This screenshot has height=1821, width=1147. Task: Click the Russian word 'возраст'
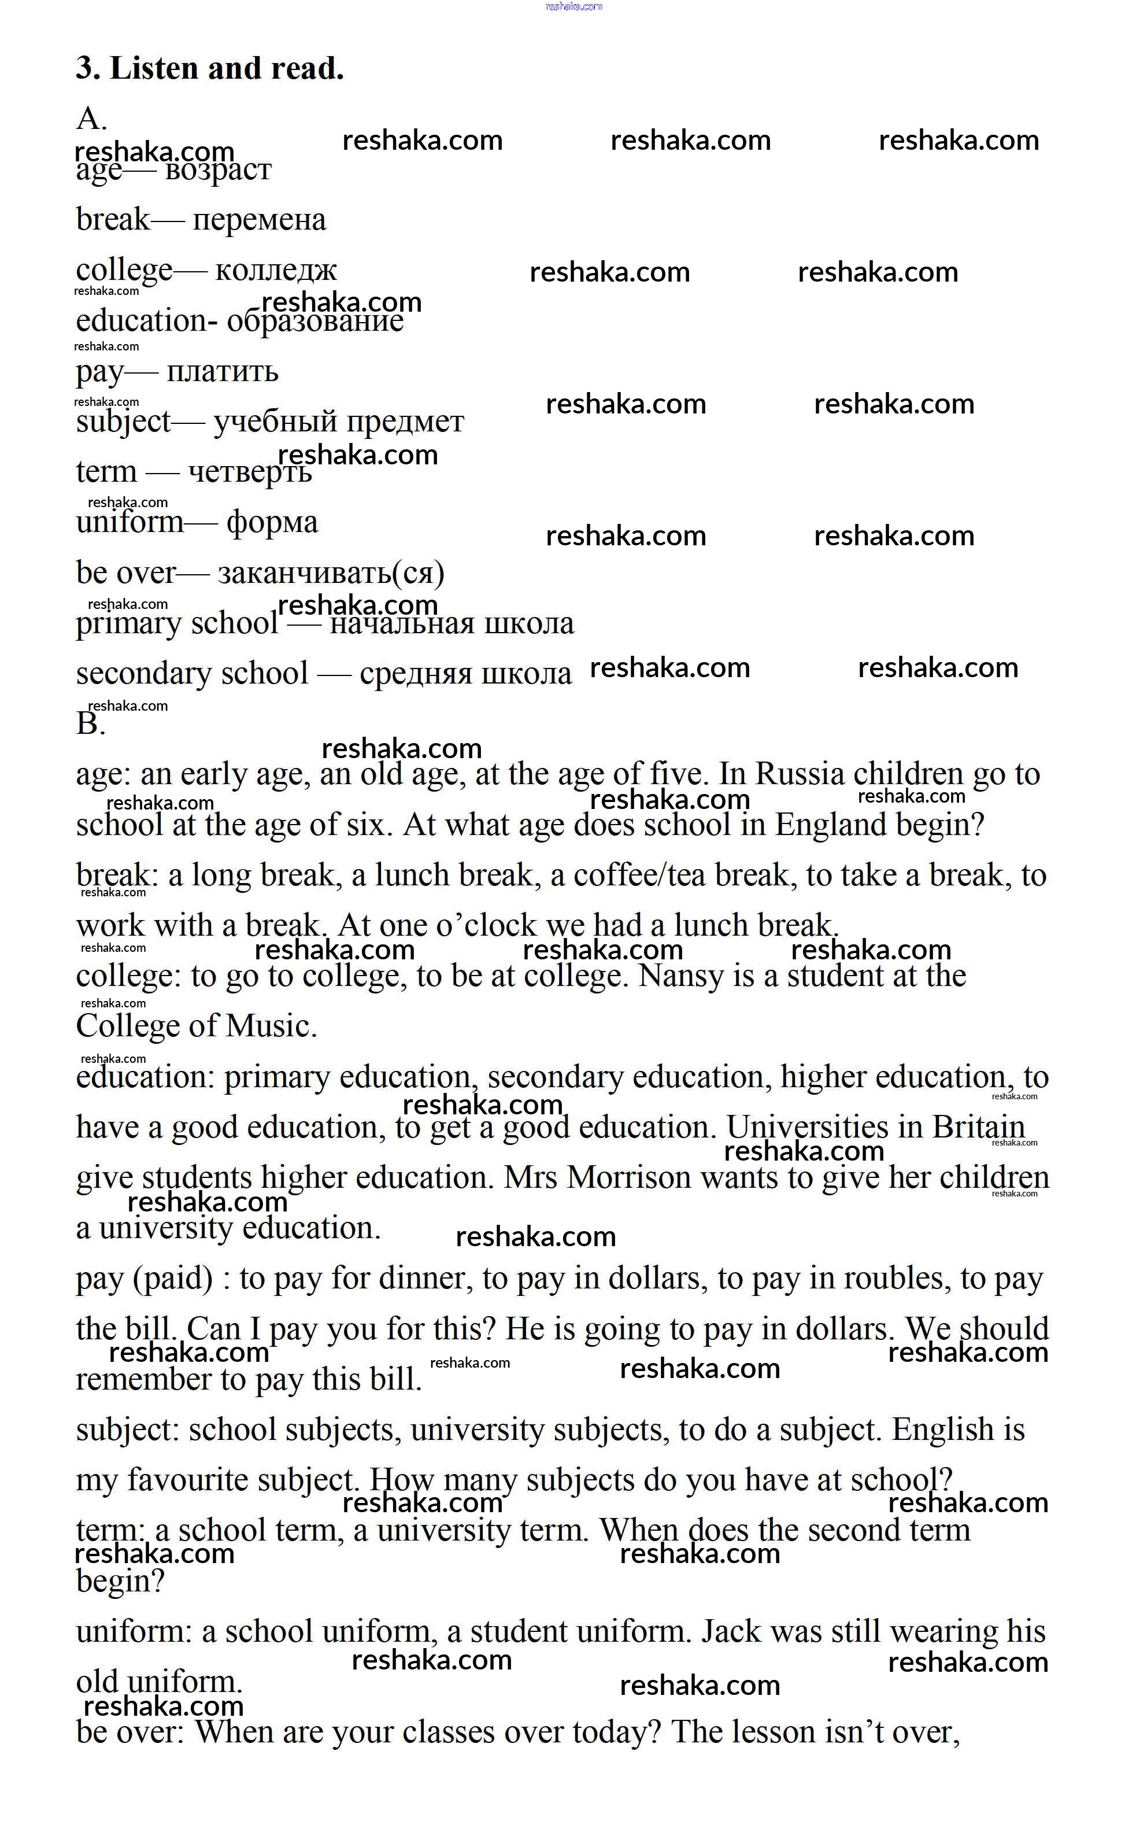(x=218, y=169)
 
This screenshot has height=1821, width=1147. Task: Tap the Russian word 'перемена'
(x=260, y=220)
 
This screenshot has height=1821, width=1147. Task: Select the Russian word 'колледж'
(x=276, y=270)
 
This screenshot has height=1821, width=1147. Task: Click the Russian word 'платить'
(x=223, y=371)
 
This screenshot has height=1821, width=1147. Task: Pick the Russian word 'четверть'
(x=250, y=472)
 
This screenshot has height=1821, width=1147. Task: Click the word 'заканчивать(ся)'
(x=331, y=573)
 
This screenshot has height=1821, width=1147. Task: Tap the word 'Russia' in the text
(x=800, y=774)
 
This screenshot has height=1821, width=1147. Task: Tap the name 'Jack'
(x=730, y=1632)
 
